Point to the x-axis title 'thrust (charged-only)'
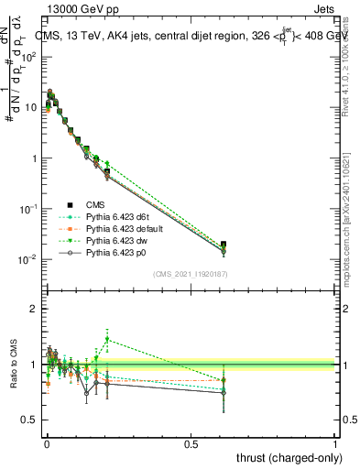coord(284,456)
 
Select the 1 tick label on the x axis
coord(335,443)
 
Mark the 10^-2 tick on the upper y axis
coord(28,259)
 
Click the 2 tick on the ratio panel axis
coord(34,309)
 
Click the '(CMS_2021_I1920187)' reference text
coord(190,273)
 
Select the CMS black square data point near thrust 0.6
coord(224,245)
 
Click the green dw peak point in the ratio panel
coord(107,339)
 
